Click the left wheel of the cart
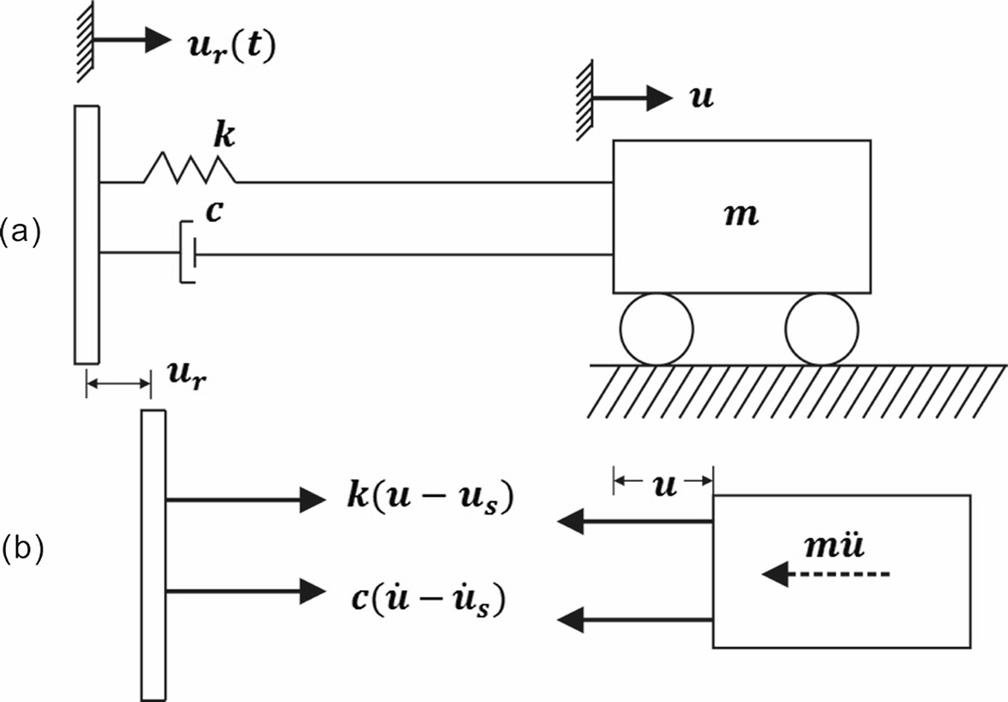coord(656,330)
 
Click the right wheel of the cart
coord(822,330)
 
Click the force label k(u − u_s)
coord(418,500)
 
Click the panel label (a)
coord(20,231)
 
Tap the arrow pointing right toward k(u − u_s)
coord(235,501)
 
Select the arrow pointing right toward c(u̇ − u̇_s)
coord(235,590)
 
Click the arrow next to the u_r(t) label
coord(132,38)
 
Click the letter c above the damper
coord(215,211)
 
